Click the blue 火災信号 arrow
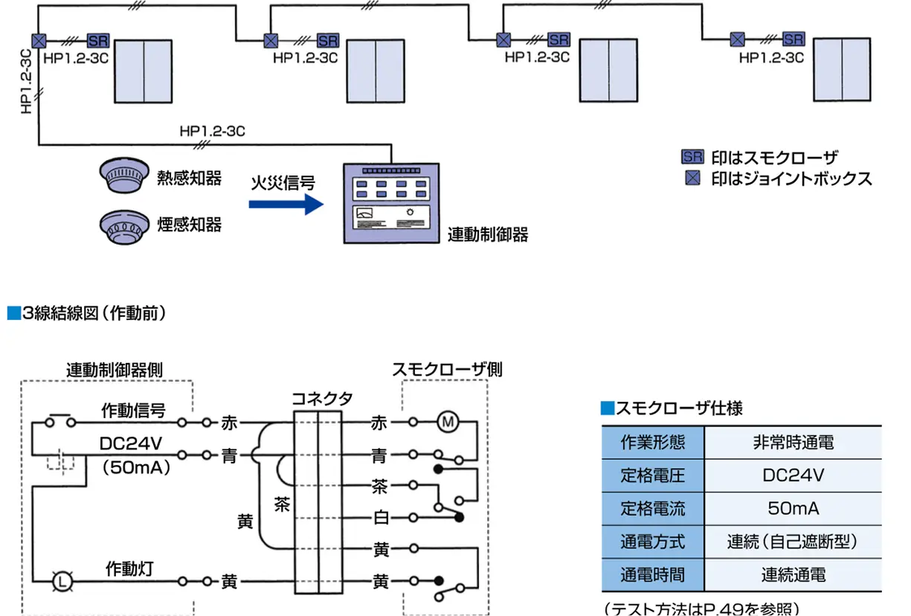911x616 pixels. (x=286, y=204)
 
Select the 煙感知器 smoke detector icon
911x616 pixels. (x=120, y=224)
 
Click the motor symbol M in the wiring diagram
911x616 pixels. (x=448, y=423)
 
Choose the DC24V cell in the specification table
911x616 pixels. (x=793, y=475)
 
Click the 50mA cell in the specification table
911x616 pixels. (x=793, y=509)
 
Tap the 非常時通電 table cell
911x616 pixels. (x=793, y=441)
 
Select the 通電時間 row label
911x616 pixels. (x=653, y=575)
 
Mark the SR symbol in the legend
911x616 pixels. (x=692, y=156)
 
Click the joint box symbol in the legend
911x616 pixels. (x=692, y=178)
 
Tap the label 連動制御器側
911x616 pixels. (x=114, y=369)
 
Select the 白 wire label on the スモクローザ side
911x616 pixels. (x=381, y=518)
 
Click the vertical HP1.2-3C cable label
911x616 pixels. (x=27, y=83)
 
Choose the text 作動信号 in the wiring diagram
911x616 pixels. (x=134, y=410)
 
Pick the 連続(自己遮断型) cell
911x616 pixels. (x=793, y=542)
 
